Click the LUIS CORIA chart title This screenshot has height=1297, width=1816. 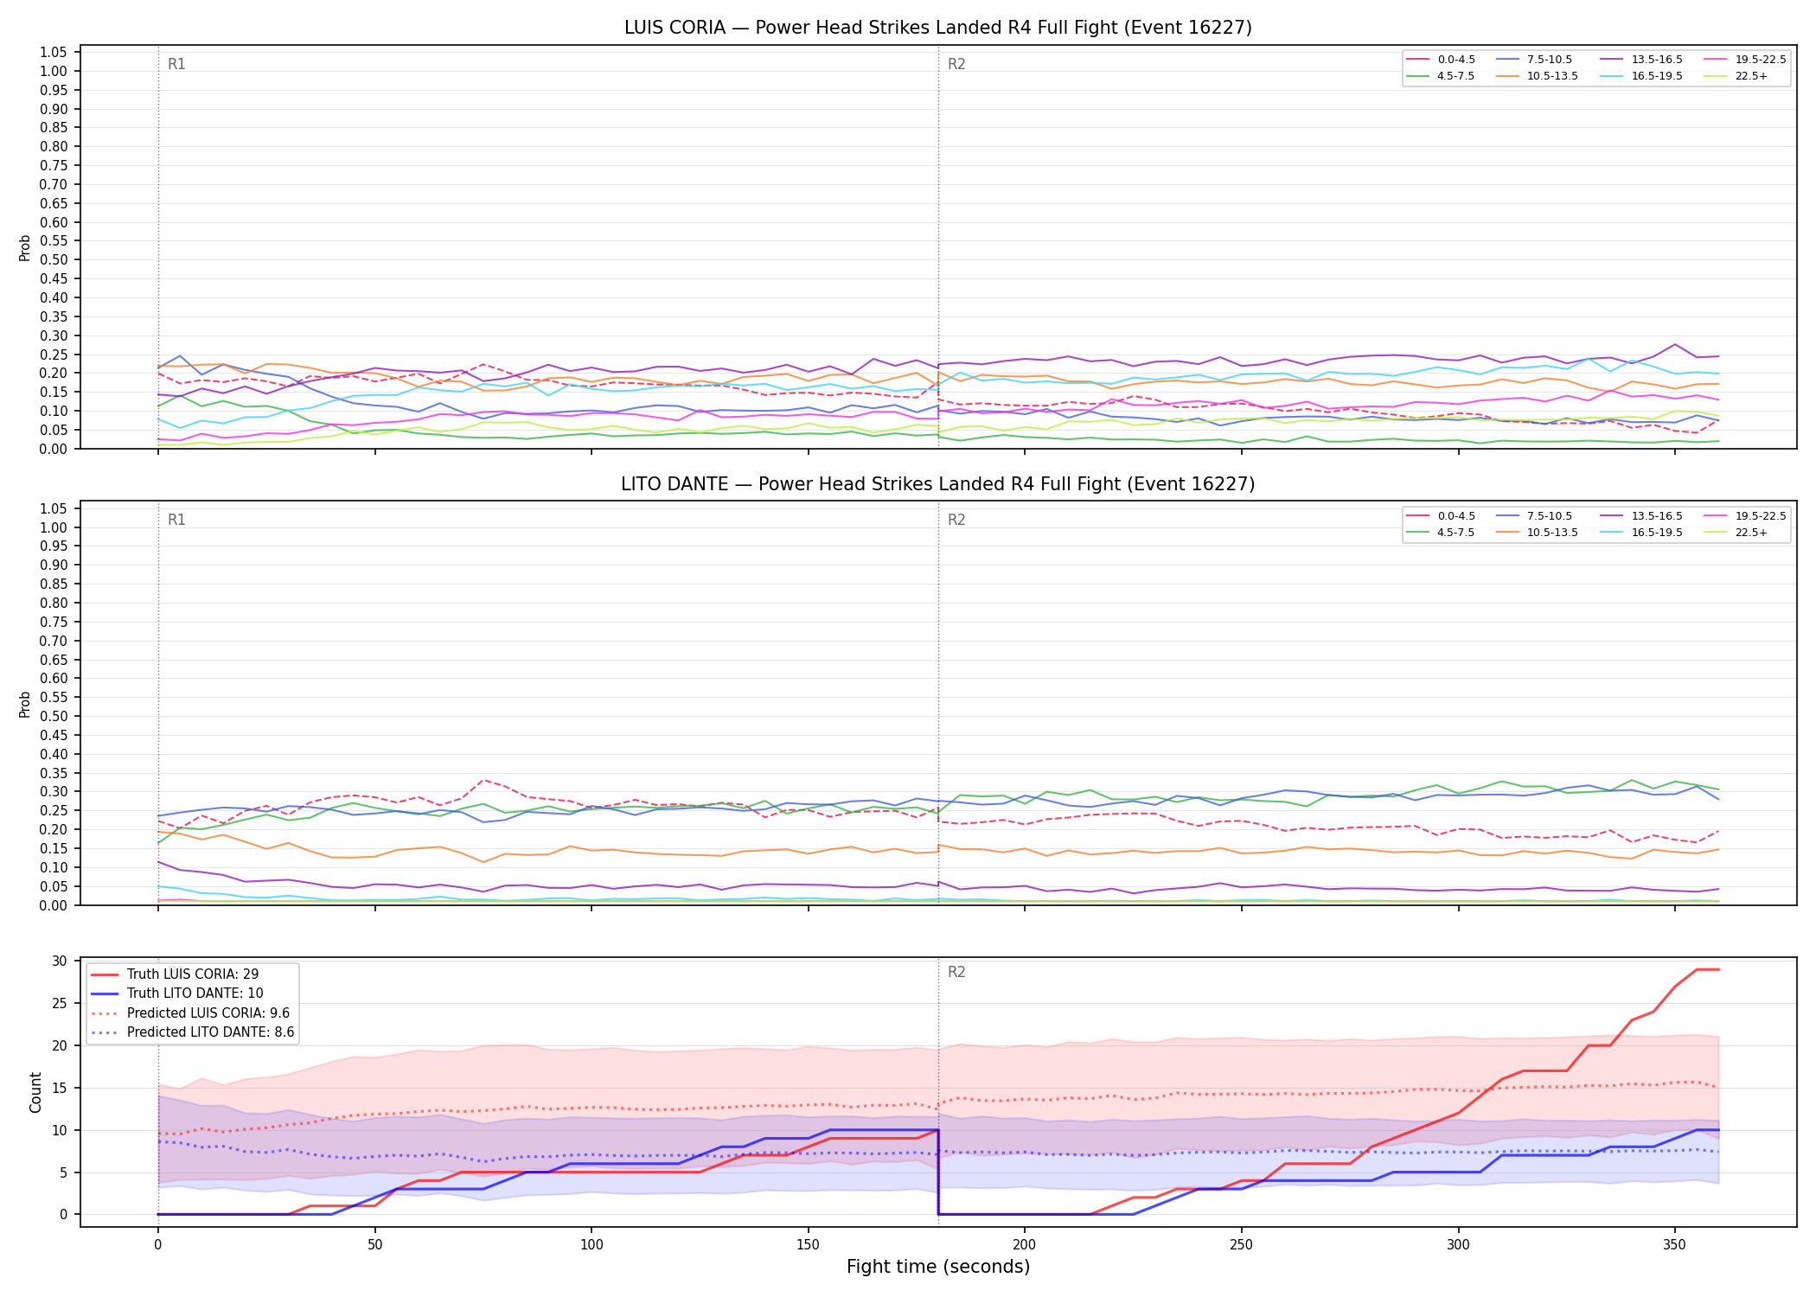pyautogui.click(x=938, y=28)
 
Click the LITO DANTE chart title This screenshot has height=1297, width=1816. pyautogui.click(x=938, y=484)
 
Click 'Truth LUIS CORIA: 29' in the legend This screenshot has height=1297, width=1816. pyautogui.click(x=175, y=974)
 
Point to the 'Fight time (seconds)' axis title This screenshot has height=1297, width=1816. pyautogui.click(x=938, y=1267)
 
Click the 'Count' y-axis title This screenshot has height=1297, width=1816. pyautogui.click(x=35, y=1092)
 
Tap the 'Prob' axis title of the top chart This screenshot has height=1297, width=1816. pyautogui.click(x=25, y=247)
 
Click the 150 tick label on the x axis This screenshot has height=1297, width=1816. pyautogui.click(x=808, y=1245)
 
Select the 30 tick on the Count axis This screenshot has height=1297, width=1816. pyautogui.click(x=60, y=962)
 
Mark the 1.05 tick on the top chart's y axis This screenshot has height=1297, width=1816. pyautogui.click(x=54, y=53)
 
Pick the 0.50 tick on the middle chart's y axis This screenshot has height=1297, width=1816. pyautogui.click(x=54, y=716)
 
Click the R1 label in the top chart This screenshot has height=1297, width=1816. pyautogui.click(x=176, y=64)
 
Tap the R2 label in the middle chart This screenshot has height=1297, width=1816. pyautogui.click(x=956, y=520)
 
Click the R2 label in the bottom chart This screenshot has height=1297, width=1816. pyautogui.click(x=956, y=972)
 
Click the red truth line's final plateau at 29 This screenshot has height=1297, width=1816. pyautogui.click(x=1707, y=969)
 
